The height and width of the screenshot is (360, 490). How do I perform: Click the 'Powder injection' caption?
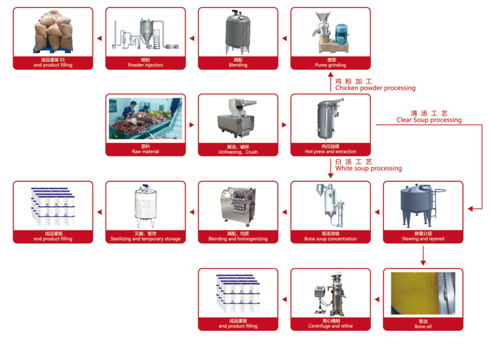(x=145, y=65)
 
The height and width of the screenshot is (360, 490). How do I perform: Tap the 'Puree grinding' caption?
(x=330, y=65)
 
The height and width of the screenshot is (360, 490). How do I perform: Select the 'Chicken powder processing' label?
(x=375, y=88)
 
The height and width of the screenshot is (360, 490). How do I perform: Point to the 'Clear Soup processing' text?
(x=429, y=120)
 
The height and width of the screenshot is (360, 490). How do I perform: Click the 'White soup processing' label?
(x=368, y=168)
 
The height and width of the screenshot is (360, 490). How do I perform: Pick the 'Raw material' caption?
(x=145, y=152)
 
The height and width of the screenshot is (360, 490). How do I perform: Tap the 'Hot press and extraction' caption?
(x=330, y=152)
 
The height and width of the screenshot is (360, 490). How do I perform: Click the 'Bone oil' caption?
(x=423, y=326)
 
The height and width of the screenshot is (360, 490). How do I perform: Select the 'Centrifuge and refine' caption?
(x=330, y=326)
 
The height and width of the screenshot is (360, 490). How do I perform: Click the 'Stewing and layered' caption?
(x=423, y=239)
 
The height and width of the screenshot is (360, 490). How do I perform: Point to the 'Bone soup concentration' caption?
(x=330, y=239)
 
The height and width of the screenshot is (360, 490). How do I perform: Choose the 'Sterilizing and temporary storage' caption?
(x=145, y=239)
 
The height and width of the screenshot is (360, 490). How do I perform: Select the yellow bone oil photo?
(x=423, y=294)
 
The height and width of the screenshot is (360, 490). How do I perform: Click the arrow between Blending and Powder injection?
(x=191, y=38)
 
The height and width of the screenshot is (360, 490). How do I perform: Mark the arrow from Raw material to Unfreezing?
(x=191, y=124)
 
